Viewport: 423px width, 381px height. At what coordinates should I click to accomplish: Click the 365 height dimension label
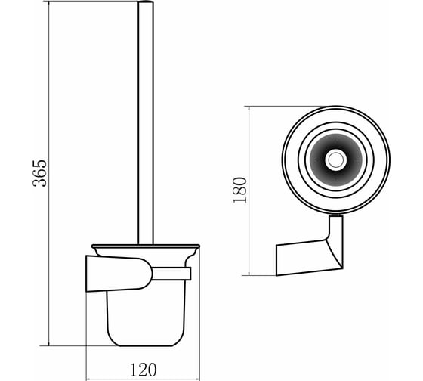pyautogui.click(x=39, y=173)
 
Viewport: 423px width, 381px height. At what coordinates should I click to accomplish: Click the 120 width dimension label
pyautogui.click(x=144, y=370)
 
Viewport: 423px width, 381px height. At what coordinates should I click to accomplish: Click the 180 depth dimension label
pyautogui.click(x=240, y=190)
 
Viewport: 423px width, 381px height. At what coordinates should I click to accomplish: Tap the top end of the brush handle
pyautogui.click(x=146, y=2)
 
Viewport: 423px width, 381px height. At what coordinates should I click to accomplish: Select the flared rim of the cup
pyautogui.click(x=146, y=246)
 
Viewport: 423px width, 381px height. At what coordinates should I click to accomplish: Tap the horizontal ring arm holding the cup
pyautogui.click(x=171, y=274)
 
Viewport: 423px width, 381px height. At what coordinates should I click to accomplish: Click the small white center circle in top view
pyautogui.click(x=336, y=160)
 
